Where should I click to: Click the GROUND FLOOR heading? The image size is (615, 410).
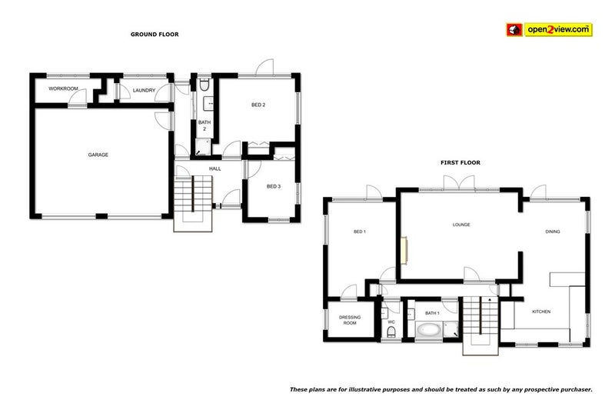click(x=155, y=34)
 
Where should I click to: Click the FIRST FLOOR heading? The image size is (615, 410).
click(x=460, y=162)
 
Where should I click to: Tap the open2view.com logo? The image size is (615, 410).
click(x=548, y=30)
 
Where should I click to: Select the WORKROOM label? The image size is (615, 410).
click(x=64, y=89)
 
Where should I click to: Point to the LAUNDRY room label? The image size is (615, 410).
click(x=144, y=91)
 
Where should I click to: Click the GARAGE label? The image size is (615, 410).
click(x=98, y=155)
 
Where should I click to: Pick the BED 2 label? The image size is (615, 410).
click(x=258, y=105)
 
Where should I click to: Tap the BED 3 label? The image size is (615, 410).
click(x=274, y=186)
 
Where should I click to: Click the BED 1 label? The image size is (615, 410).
click(x=359, y=231)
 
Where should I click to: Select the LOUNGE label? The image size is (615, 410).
click(x=461, y=225)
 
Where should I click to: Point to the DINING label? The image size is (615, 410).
click(x=553, y=232)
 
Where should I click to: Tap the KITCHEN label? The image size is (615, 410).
click(x=542, y=312)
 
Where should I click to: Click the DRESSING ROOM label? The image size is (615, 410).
click(x=350, y=320)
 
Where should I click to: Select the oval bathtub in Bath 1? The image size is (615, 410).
click(x=428, y=331)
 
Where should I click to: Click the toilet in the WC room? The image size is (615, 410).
click(x=391, y=332)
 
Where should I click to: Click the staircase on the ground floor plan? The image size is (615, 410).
click(x=193, y=198)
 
